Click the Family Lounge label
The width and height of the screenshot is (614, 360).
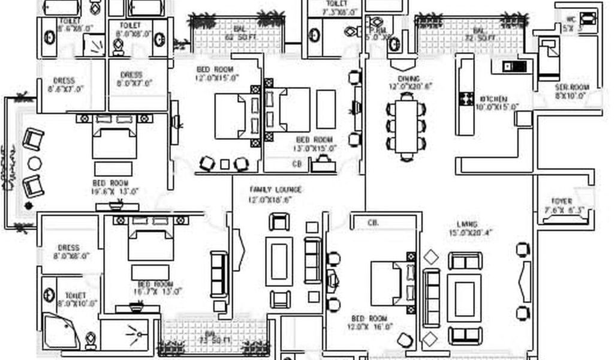tap(275, 190)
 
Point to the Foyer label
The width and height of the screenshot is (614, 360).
tap(562, 202)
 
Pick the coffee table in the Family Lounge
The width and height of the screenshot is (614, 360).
tap(279, 261)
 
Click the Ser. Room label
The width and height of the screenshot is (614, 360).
tap(571, 87)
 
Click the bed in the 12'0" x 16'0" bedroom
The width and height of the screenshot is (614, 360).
tap(387, 283)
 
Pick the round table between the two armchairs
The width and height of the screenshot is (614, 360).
tap(35, 163)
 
